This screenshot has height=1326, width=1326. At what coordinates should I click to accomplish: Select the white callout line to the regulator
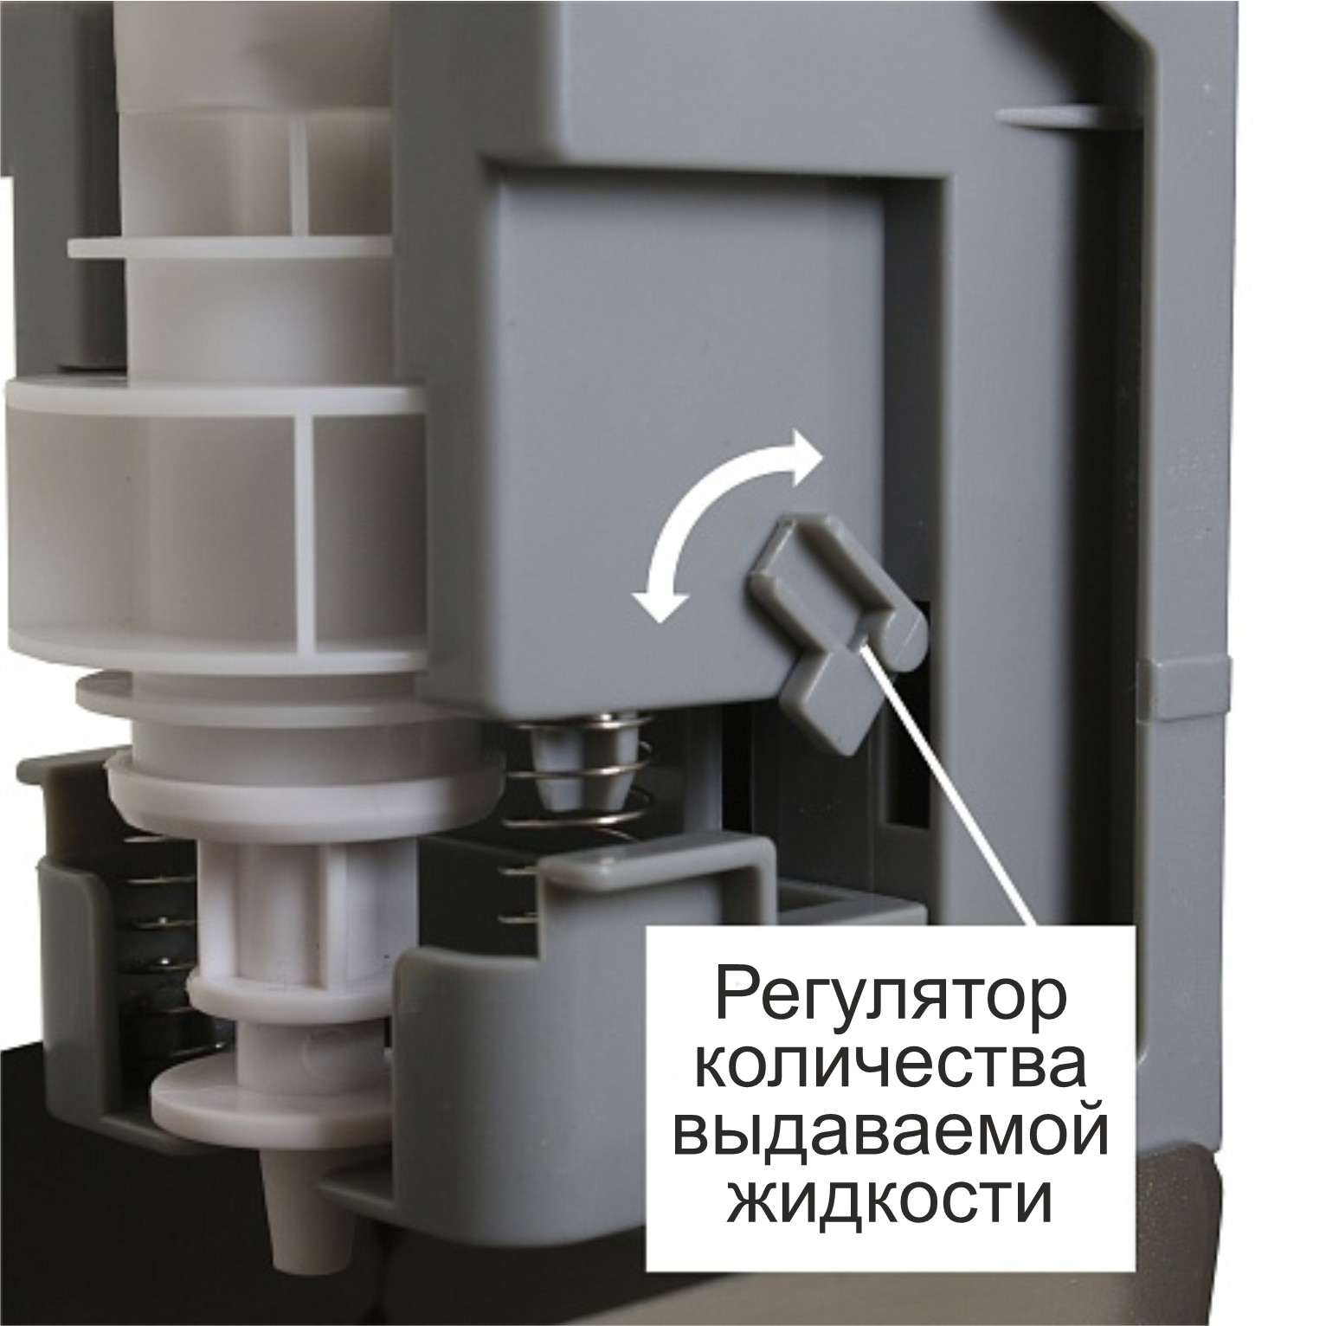[952, 788]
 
